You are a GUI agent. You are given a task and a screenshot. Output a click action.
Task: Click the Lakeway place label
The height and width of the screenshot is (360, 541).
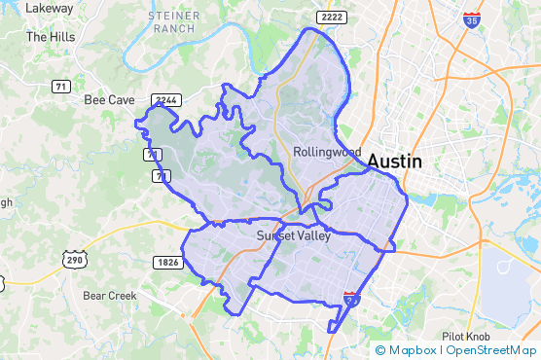click(51, 8)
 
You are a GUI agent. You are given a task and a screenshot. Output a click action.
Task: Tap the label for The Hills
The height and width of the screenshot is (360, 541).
click(50, 37)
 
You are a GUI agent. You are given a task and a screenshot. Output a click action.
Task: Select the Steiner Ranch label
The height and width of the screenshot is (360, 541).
click(174, 22)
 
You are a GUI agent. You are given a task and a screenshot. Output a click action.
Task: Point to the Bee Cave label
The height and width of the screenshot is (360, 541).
click(109, 99)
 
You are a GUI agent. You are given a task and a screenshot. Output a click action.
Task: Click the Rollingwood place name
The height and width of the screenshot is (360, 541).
click(327, 152)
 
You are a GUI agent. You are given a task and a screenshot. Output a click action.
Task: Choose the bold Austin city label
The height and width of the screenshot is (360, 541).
click(394, 162)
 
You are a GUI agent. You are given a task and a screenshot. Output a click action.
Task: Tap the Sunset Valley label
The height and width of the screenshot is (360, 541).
click(294, 235)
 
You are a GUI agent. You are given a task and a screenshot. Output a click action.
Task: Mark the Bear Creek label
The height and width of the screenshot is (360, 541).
click(110, 295)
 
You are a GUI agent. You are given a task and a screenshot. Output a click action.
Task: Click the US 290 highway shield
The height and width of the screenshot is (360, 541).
click(74, 261)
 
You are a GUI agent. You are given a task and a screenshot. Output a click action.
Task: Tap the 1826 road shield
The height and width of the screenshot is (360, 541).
click(167, 263)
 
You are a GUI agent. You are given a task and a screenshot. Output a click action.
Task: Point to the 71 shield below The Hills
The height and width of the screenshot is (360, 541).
click(61, 87)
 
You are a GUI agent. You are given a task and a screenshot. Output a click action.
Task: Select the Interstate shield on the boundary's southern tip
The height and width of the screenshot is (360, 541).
click(351, 297)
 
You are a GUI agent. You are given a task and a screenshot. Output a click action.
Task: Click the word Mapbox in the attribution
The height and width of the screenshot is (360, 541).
click(413, 350)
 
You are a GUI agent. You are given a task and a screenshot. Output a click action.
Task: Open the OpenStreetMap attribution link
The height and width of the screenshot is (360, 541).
click(492, 350)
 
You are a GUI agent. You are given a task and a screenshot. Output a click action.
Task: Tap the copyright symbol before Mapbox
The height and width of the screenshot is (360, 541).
click(380, 350)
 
